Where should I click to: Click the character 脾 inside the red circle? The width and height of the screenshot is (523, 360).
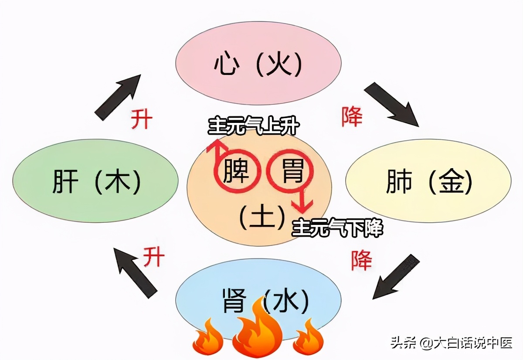236,171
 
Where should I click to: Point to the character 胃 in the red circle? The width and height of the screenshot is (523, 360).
291,171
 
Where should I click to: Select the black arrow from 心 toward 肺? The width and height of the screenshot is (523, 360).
391,104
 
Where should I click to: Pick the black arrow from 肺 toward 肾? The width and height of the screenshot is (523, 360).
396,277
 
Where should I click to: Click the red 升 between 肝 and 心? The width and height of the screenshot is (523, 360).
142,119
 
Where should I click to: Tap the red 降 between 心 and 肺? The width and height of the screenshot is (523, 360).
352,117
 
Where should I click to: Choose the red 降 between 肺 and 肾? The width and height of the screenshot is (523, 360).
362,260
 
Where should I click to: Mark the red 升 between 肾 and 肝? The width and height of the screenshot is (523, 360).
154,257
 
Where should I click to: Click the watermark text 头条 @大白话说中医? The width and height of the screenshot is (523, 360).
451,344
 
